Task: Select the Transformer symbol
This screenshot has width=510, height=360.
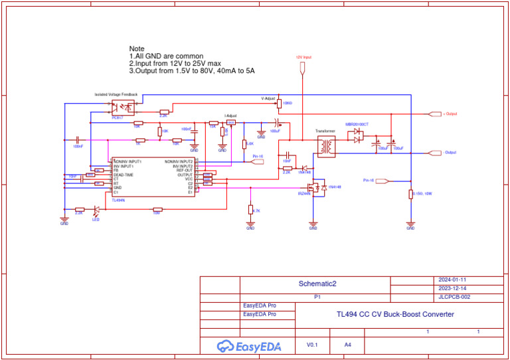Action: point(325,147)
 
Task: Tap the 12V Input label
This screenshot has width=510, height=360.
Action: point(303,58)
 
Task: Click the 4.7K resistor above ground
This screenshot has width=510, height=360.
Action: point(250,210)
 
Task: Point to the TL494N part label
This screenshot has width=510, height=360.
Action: point(118,199)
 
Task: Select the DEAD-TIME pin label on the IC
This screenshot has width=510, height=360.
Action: point(124,175)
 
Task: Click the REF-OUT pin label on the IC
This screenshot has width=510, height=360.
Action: point(184,170)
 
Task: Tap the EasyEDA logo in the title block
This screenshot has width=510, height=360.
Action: point(249,346)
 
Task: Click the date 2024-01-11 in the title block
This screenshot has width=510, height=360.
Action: point(453,280)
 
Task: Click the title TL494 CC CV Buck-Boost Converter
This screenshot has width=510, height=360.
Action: point(395,314)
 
